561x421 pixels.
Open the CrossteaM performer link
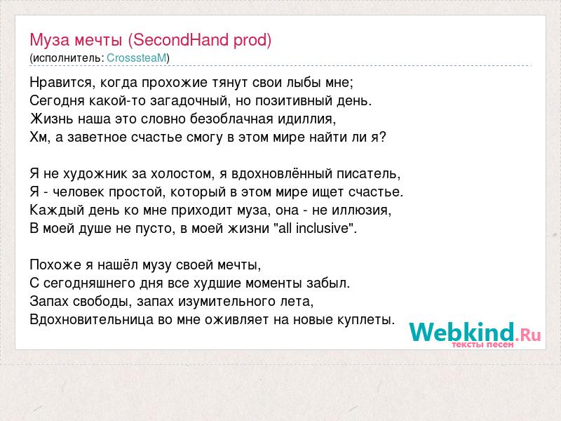(x=137, y=58)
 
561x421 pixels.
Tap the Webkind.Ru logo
(x=475, y=332)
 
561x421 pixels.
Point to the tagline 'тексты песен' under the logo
(x=482, y=345)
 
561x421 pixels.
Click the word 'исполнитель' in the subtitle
(x=68, y=58)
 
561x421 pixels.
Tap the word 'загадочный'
(x=189, y=101)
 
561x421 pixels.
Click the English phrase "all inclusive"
(x=313, y=228)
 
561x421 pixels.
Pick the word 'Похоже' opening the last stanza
(x=55, y=265)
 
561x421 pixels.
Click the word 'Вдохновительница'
(x=92, y=319)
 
